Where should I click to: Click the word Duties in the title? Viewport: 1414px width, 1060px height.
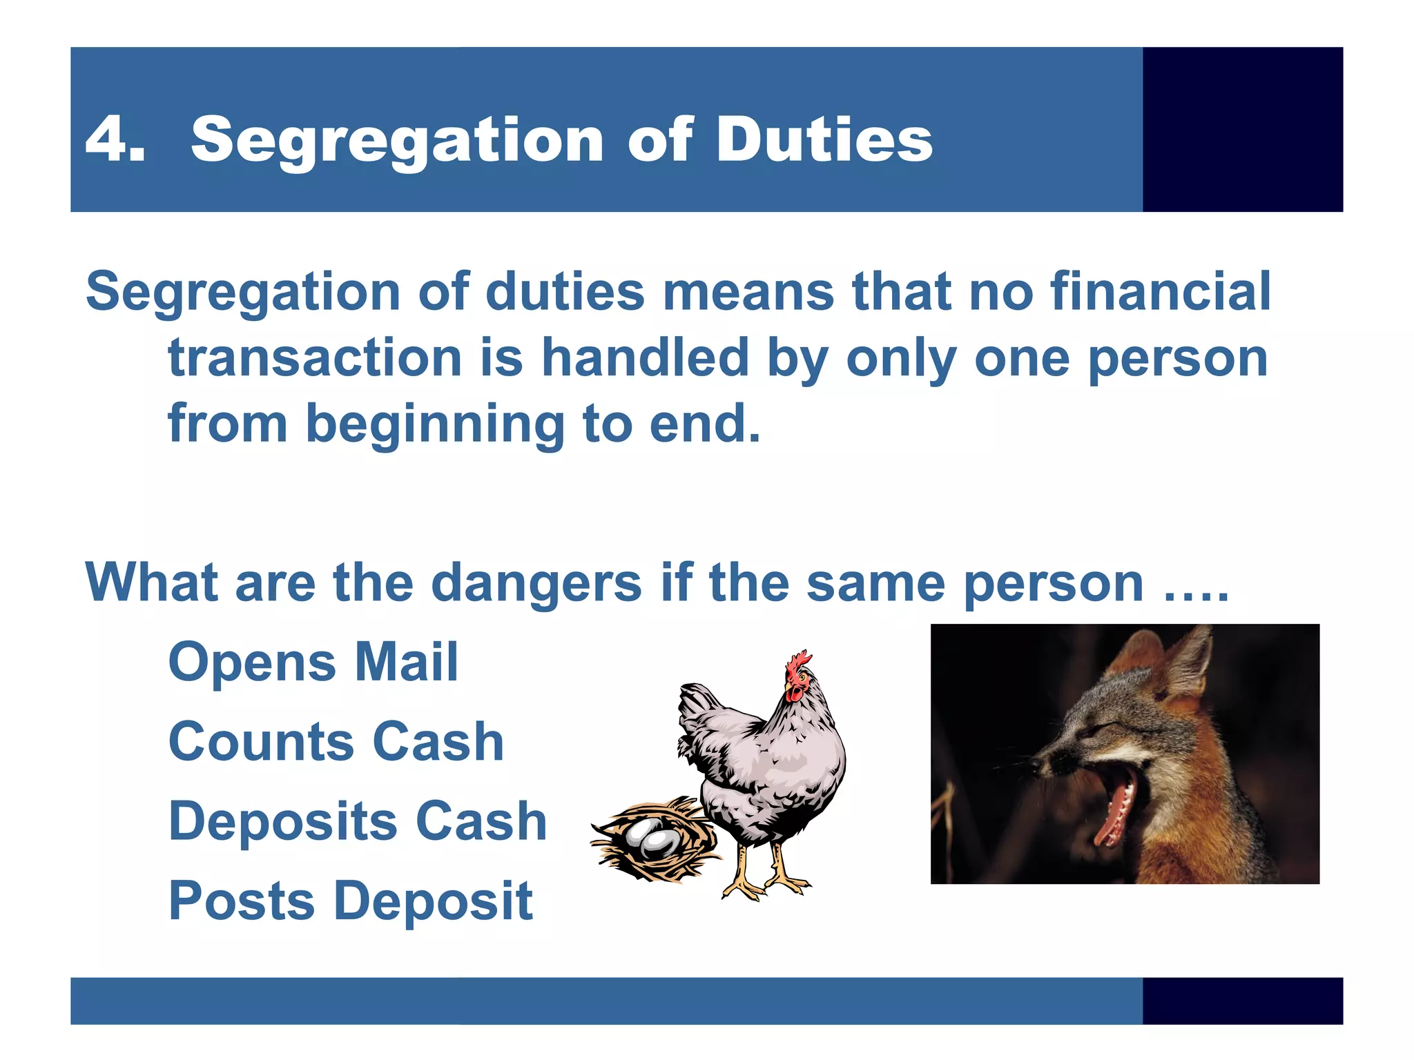[824, 139]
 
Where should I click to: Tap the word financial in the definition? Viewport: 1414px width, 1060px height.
[1160, 291]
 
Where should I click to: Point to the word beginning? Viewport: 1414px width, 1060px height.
[435, 424]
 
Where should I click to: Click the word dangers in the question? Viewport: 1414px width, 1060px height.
[536, 582]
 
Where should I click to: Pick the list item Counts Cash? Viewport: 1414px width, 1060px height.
[336, 741]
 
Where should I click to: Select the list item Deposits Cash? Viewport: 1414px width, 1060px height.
[358, 821]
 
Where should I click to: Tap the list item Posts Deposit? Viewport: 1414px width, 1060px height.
[351, 901]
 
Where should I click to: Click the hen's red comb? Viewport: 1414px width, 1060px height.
[800, 662]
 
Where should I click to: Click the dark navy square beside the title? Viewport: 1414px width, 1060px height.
[1242, 129]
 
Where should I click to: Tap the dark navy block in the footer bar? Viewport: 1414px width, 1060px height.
[1242, 1001]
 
